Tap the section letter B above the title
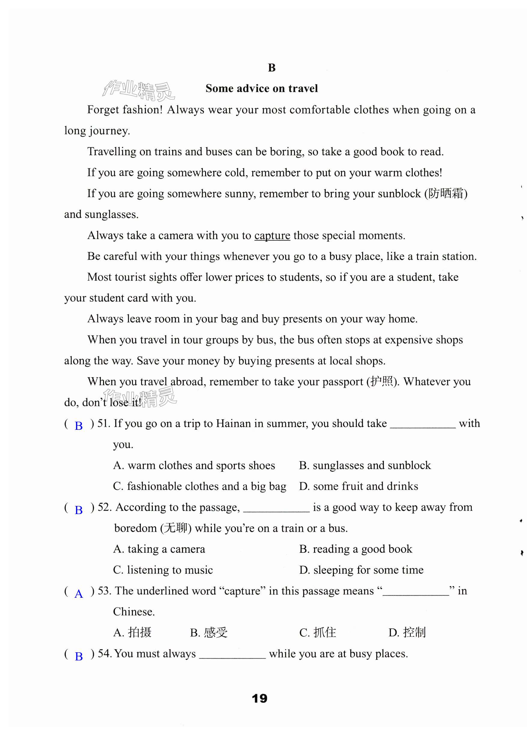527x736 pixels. pos(272,68)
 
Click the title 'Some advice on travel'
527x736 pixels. pos(262,88)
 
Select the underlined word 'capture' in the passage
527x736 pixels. pos(272,236)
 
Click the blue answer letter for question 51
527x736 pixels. pos(79,426)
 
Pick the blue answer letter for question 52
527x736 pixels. pos(79,510)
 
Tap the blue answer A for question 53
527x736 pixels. pos(79,594)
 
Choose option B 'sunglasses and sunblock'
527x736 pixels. pos(365,466)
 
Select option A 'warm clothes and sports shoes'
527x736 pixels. pos(194,466)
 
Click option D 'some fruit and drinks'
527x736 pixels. pos(359,486)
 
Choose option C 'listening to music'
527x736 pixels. pos(163,570)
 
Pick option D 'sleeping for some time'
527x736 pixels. pos(361,570)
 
